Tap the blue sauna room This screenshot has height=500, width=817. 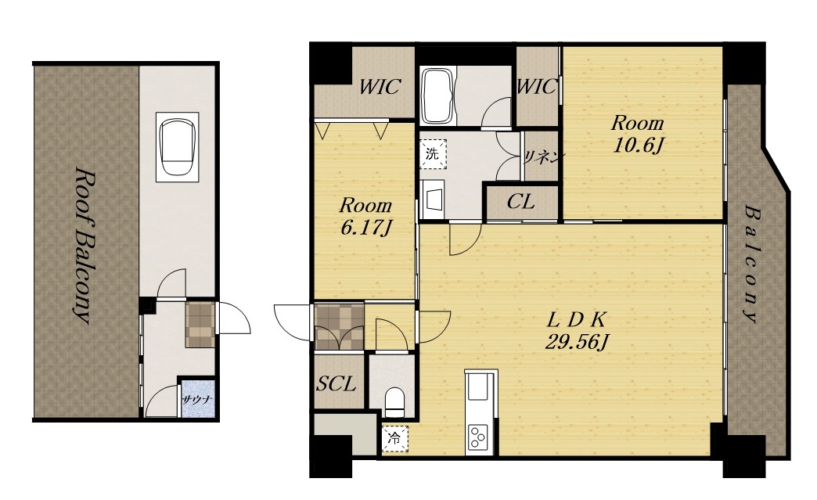point(197,399)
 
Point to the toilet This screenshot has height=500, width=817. point(394,402)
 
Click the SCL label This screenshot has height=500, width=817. point(337,384)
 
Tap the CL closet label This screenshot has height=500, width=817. point(521,202)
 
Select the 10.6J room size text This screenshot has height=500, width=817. point(637,146)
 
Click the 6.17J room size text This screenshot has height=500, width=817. point(365,228)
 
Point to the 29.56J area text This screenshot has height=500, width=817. point(578,342)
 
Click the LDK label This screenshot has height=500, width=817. point(578,318)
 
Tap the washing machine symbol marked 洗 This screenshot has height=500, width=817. point(433,153)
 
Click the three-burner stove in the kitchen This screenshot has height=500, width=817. point(477,437)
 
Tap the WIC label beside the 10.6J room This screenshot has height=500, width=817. point(537,86)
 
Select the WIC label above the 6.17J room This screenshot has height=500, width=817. point(380,86)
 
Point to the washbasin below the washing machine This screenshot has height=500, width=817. point(433,200)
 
